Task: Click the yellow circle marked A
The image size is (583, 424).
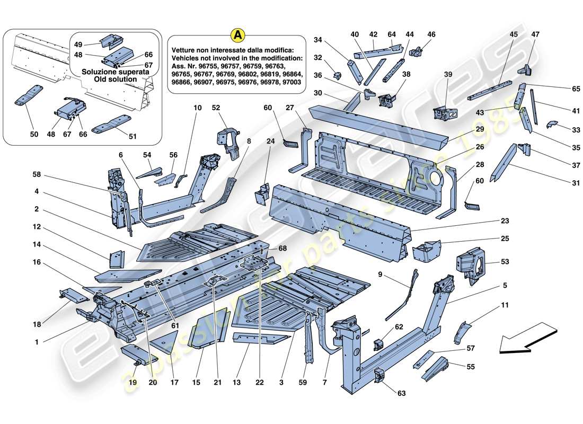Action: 238,35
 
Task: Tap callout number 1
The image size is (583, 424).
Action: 37,342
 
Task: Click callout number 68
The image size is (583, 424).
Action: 282,249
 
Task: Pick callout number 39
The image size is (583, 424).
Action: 448,75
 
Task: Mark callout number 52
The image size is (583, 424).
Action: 230,108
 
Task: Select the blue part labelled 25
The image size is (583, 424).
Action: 427,250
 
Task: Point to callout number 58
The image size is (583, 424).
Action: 37,174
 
